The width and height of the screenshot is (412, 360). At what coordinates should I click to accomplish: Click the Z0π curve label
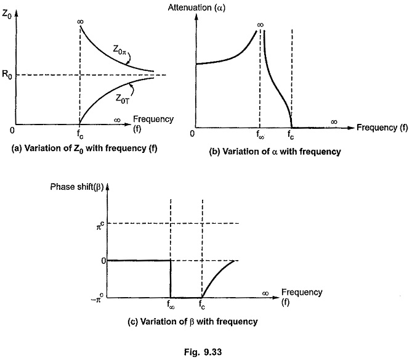[119, 50]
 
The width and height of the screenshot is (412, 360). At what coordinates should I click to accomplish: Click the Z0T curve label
[123, 99]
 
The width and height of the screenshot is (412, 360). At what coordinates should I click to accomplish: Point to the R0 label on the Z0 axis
[7, 75]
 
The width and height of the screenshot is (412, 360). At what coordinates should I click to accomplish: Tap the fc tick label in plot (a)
[80, 134]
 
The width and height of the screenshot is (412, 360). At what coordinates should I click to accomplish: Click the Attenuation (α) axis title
[196, 7]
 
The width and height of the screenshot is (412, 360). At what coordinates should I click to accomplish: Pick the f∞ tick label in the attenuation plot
[260, 134]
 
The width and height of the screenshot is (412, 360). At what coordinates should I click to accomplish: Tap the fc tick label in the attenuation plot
[290, 134]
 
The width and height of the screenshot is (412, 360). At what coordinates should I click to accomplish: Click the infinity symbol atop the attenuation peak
[260, 25]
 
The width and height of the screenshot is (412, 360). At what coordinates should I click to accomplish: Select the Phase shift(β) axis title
[77, 187]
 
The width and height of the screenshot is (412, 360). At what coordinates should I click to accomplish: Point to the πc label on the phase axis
[100, 226]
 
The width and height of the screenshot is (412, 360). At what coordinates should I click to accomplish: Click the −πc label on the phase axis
[97, 299]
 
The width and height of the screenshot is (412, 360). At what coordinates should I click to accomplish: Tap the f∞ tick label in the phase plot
[171, 305]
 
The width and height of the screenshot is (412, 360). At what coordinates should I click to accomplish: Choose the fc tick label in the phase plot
[202, 305]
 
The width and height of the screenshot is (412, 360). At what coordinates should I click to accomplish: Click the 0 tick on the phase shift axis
[103, 261]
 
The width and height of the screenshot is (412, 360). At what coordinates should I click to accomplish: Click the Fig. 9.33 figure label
[203, 352]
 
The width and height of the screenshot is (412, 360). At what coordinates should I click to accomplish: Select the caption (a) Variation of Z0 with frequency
[84, 149]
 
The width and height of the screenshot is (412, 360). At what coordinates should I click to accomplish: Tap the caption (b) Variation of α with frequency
[275, 152]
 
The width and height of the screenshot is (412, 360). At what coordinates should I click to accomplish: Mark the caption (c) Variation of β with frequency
[193, 322]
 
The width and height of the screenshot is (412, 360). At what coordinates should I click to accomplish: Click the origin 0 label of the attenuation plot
[192, 134]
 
